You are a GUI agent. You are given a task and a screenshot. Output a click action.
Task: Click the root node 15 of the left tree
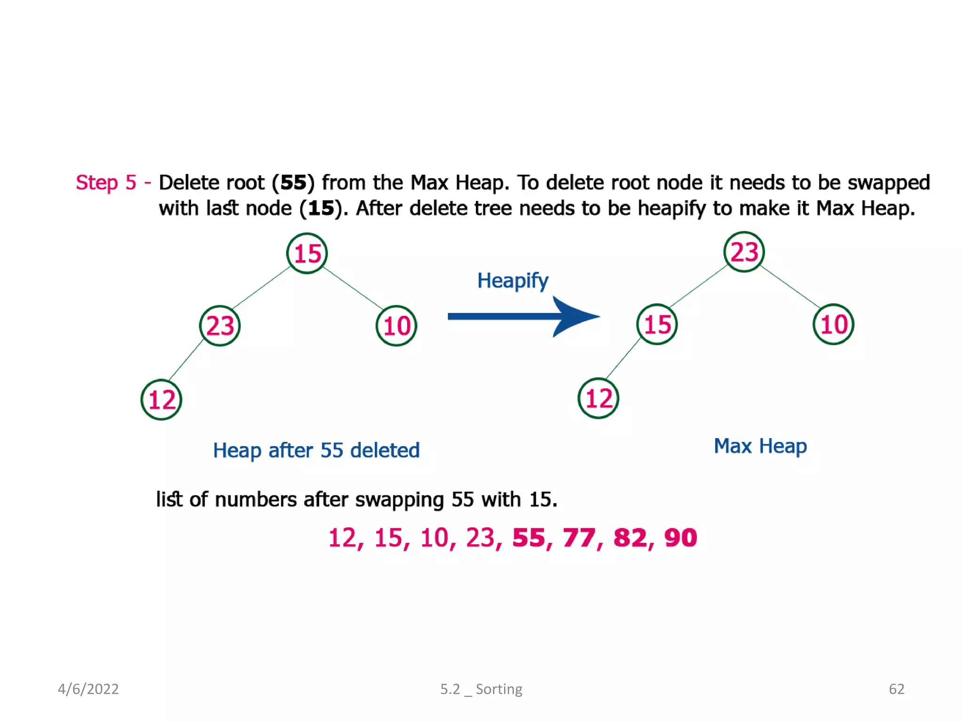click(x=307, y=253)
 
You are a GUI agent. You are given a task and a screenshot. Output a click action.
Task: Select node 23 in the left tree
click(x=220, y=326)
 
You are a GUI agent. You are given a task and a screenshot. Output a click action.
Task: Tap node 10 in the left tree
click(x=396, y=326)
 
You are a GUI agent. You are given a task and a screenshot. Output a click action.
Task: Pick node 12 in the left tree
click(x=161, y=400)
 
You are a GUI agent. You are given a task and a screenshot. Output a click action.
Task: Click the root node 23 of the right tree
click(x=744, y=252)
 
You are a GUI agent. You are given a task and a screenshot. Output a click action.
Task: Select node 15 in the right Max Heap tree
click(x=657, y=324)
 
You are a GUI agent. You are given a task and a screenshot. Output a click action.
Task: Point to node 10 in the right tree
click(x=833, y=324)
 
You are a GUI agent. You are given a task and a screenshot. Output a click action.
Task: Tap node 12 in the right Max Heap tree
click(x=598, y=398)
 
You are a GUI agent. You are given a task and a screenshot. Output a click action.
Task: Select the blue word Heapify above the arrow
click(x=513, y=281)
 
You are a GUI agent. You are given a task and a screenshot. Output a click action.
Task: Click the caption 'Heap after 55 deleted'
click(x=316, y=450)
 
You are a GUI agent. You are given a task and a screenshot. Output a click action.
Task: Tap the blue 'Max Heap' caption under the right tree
click(x=760, y=446)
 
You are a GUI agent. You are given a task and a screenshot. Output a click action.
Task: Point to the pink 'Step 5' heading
click(x=106, y=182)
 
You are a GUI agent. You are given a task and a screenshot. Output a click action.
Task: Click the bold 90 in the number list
click(x=680, y=538)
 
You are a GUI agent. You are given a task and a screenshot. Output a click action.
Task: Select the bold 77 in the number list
click(x=579, y=538)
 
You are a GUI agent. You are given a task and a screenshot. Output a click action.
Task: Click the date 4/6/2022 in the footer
click(x=88, y=689)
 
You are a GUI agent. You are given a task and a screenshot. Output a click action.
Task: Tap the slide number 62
click(x=896, y=689)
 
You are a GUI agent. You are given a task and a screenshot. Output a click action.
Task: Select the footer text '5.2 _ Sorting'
click(x=481, y=689)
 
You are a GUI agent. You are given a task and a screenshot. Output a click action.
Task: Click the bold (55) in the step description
click(x=293, y=182)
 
